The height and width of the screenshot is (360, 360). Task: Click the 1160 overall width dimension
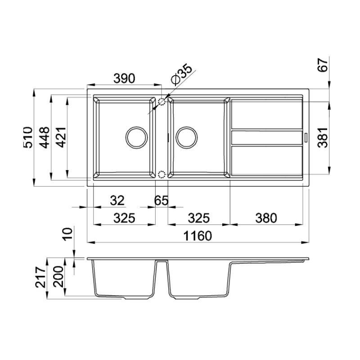point(198,236)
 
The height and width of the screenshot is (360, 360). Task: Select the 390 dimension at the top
point(124,78)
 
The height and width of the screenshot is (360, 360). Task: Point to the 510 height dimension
point(28,137)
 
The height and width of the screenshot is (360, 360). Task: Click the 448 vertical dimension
point(44,137)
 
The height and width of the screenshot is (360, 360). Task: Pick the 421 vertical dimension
point(61,137)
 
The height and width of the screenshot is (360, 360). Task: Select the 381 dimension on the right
point(323,137)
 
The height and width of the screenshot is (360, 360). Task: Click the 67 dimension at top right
point(323,65)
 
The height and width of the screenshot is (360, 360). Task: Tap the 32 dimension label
point(117,200)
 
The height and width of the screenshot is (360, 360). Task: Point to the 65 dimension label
point(162,200)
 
